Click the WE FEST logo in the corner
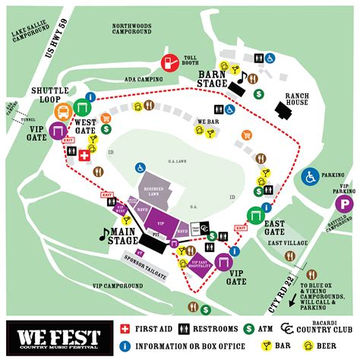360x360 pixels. [x=54, y=334]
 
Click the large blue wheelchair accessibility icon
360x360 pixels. [x=309, y=177]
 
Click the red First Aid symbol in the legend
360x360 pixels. [x=126, y=329]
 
